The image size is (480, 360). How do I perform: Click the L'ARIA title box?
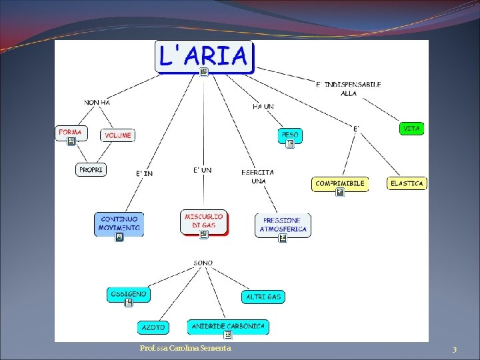[205, 57]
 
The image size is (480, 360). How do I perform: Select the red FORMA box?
[71, 133]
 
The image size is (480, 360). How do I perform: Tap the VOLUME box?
[118, 135]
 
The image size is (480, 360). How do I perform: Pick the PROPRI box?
[91, 170]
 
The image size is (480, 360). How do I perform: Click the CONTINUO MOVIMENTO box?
[119, 223]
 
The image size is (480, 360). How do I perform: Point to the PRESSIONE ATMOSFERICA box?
[282, 225]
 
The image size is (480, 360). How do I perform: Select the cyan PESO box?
[290, 135]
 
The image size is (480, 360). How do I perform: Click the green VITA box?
[412, 128]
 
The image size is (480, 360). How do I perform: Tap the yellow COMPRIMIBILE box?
[340, 183]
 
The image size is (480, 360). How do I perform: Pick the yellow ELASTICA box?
[407, 183]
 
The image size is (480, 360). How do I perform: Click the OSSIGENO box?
[128, 295]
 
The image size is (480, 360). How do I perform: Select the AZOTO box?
[153, 327]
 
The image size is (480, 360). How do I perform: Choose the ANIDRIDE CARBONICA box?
[228, 327]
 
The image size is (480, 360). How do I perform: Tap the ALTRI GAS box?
[263, 297]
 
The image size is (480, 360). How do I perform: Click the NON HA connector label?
[97, 102]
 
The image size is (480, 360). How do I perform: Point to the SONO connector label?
[203, 263]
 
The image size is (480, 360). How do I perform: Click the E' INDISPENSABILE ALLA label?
[349, 89]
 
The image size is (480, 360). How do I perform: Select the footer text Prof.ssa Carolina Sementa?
[185, 349]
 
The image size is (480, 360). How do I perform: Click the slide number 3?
[454, 349]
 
